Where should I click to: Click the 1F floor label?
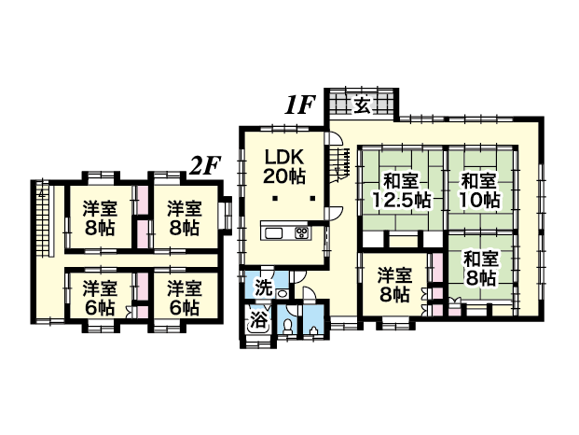coord(299,105)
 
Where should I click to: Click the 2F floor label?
coord(205,166)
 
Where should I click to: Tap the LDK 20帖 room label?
coord(284,167)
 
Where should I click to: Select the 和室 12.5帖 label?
coord(401,190)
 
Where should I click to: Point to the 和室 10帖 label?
coord(479,190)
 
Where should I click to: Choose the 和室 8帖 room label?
coord(481,269)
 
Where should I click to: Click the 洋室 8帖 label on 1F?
coord(394,286)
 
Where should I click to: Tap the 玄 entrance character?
coord(362,106)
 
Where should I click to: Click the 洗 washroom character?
coord(264,288)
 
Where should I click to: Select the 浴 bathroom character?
coord(258,320)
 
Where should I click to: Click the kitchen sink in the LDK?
coord(273,233)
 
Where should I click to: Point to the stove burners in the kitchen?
coord(301,232)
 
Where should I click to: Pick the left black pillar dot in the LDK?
coord(275,199)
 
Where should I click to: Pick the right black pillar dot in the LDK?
coord(312,199)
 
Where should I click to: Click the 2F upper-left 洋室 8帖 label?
coord(100,218)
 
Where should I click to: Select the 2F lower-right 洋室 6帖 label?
coord(185,298)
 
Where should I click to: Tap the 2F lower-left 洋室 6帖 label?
coord(100,298)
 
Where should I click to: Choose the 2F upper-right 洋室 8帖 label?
coord(185,218)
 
